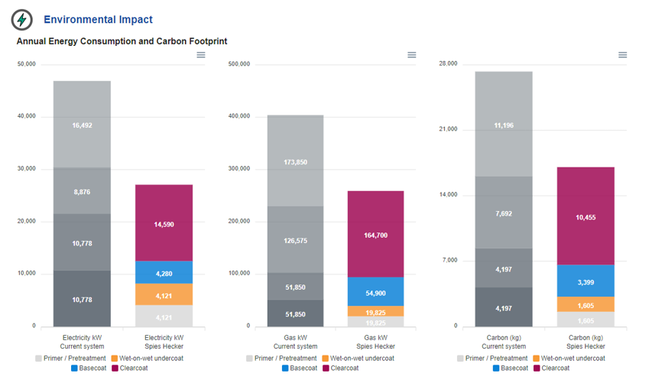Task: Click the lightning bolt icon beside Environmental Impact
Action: click(22, 20)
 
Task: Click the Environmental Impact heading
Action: click(98, 20)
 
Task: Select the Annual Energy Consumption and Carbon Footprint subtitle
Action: click(122, 41)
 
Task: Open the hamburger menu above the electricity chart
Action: click(201, 55)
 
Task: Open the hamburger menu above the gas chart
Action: click(412, 55)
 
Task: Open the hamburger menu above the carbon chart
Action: click(623, 55)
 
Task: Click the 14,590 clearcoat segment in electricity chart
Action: click(164, 223)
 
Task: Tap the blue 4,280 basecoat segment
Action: click(164, 273)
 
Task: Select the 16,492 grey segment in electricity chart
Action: click(82, 125)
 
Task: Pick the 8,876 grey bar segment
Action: click(82, 191)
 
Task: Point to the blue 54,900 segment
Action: click(375, 292)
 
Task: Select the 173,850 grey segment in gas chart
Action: click(295, 161)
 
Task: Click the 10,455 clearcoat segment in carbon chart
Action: click(586, 216)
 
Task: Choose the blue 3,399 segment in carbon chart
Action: click(586, 281)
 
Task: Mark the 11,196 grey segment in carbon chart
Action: click(504, 125)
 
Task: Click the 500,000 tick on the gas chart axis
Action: click(239, 64)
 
